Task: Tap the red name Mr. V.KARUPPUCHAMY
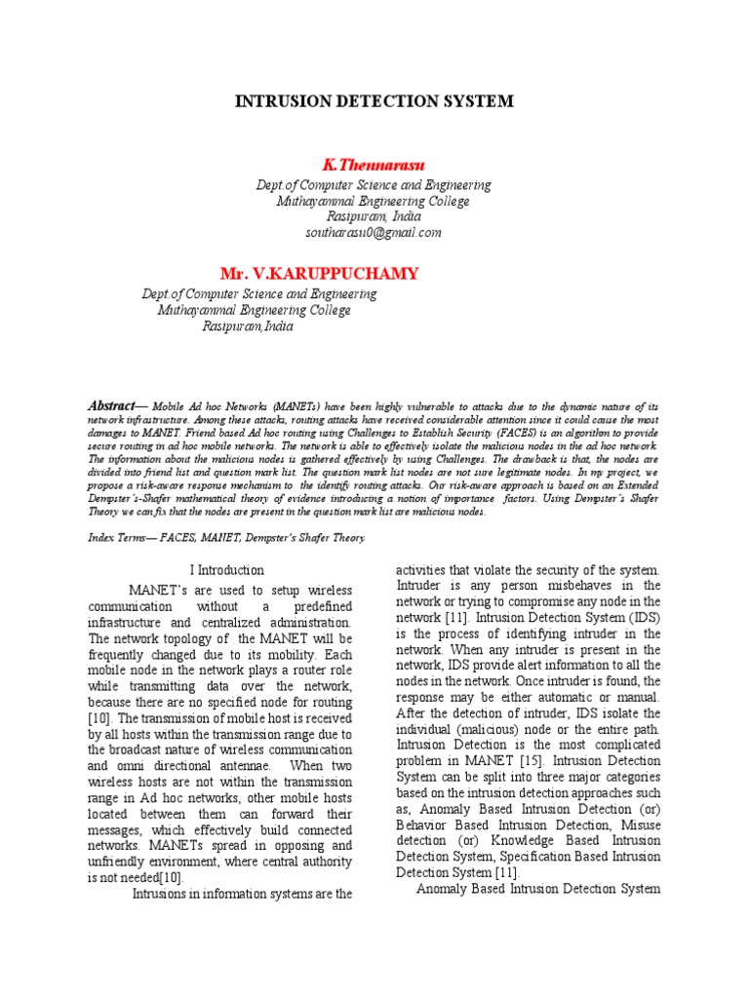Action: point(319,273)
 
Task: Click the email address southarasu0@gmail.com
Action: point(374,233)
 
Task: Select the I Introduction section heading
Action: point(224,570)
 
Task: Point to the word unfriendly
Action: point(131,862)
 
